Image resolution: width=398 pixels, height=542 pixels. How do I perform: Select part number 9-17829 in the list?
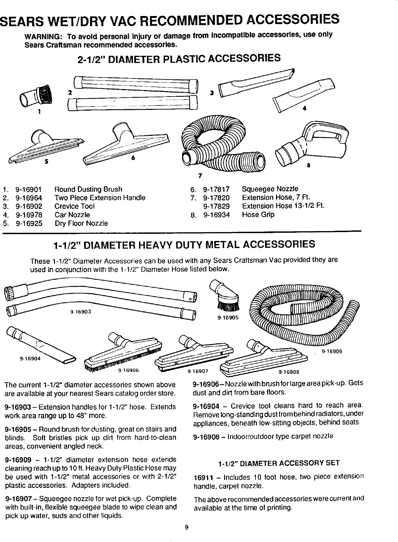[x=216, y=206]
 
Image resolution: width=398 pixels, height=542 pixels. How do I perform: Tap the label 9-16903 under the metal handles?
[x=81, y=311]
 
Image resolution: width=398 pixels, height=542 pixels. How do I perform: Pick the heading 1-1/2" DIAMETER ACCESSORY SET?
[x=278, y=463]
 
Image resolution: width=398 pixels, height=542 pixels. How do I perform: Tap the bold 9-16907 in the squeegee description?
[x=17, y=497]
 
